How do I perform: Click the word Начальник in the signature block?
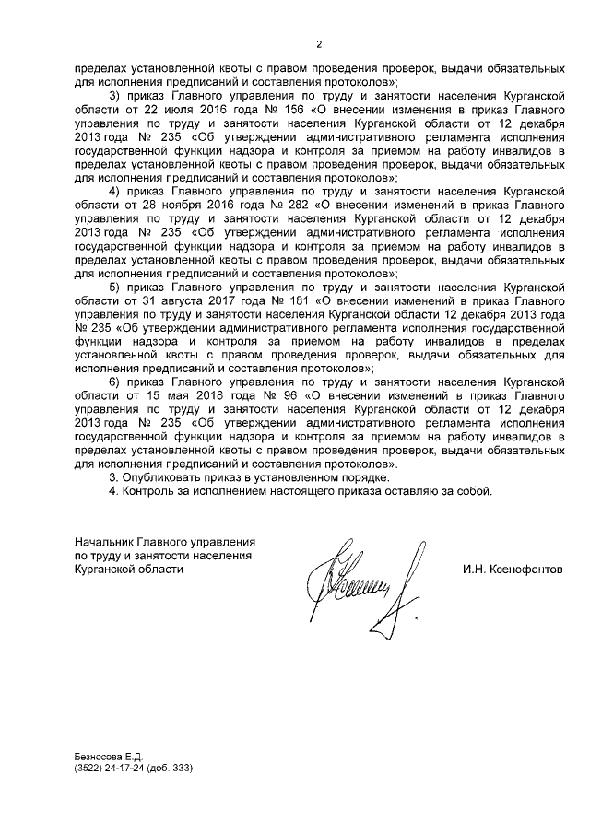coord(103,542)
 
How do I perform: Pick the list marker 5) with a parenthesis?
coord(114,288)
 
